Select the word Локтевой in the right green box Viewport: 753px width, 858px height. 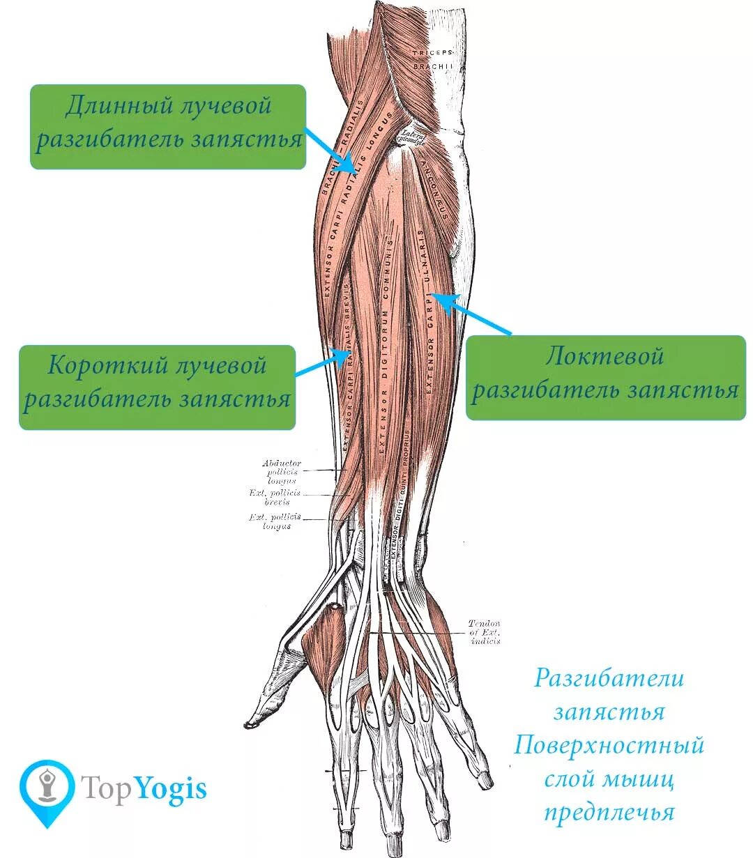pos(604,357)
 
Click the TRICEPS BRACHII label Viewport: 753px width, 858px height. pos(432,59)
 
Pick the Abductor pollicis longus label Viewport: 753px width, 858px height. pos(282,472)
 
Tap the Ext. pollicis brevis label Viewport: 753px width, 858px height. pos(275,496)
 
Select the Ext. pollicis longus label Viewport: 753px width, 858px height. pos(275,521)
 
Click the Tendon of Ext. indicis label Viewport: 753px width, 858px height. pos(485,631)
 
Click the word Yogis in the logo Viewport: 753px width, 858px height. pos(171,789)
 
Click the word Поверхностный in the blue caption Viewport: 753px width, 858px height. pos(609,746)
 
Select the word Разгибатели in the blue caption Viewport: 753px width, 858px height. pos(609,678)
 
